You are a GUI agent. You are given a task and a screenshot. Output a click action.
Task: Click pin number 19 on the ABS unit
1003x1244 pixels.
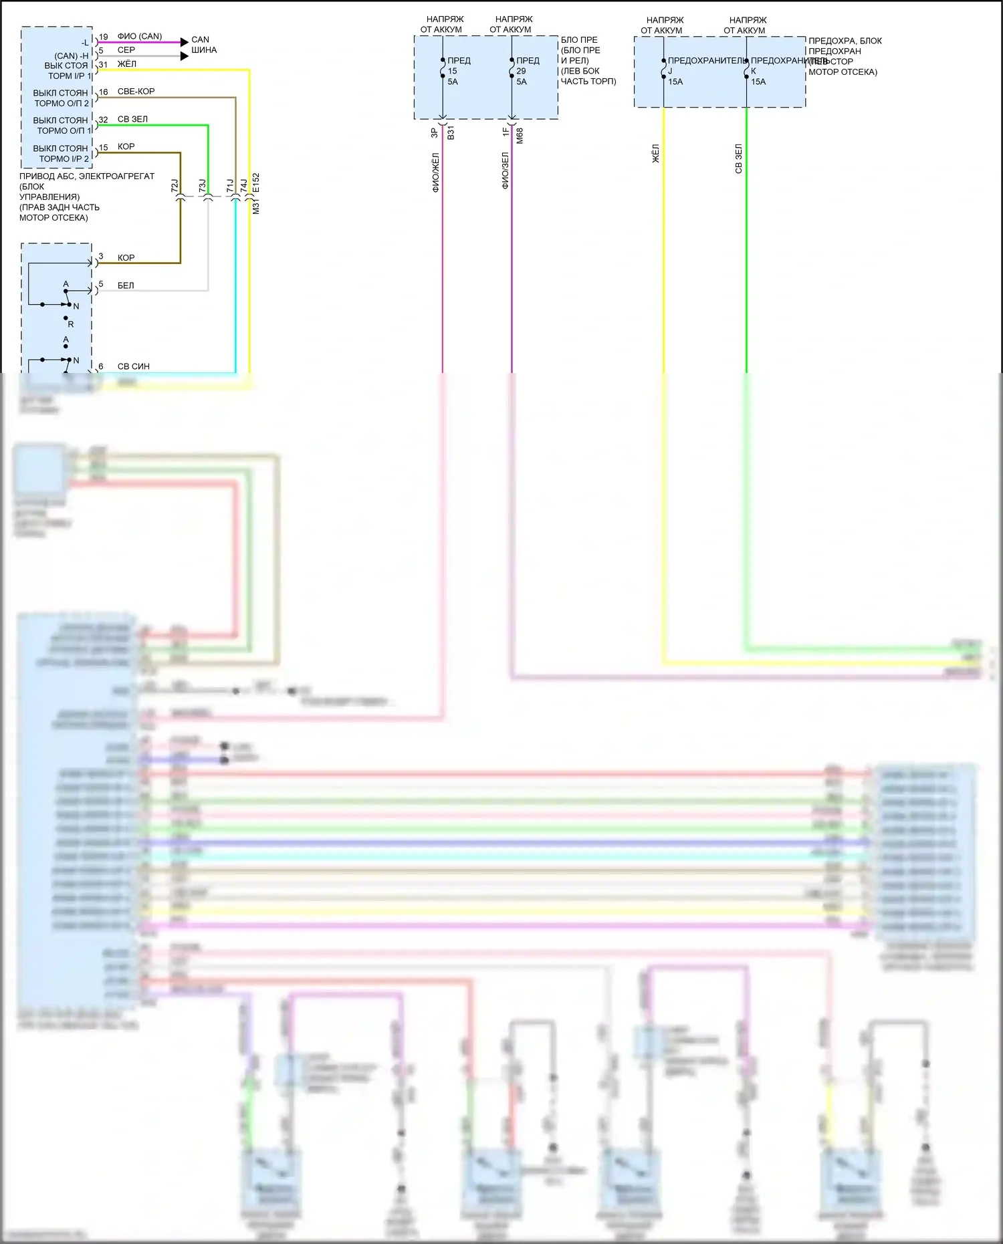[x=103, y=37]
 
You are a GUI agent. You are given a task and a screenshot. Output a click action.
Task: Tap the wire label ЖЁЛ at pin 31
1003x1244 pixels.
[x=126, y=64]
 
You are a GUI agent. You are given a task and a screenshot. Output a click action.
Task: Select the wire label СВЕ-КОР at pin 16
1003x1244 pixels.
[x=136, y=92]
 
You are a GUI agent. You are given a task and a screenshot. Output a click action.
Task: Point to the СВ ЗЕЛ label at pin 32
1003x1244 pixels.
[x=132, y=119]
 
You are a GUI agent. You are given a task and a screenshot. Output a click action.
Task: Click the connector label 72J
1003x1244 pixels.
[x=175, y=186]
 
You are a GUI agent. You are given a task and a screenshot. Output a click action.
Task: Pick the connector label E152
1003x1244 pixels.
[x=256, y=184]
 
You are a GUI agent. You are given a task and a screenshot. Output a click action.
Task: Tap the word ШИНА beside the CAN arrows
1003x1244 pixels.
[x=204, y=50]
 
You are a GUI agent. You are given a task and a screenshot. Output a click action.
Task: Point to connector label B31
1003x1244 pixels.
[x=451, y=132]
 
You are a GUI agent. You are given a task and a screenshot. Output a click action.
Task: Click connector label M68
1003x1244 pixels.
[x=520, y=136]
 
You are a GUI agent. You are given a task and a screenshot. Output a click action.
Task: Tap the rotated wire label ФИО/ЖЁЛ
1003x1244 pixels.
[x=435, y=172]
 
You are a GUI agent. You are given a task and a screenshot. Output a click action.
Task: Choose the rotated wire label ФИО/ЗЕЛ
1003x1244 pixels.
[x=505, y=170]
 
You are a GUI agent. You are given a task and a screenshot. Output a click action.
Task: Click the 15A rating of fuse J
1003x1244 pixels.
[x=675, y=82]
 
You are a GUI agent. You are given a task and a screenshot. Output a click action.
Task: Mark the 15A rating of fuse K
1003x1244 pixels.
[x=758, y=82]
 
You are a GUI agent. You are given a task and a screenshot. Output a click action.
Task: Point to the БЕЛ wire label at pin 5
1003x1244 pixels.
[x=126, y=285]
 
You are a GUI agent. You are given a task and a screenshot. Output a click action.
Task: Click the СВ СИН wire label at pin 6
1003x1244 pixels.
[x=134, y=366]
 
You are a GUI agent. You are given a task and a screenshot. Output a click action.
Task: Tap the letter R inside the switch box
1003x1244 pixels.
[x=71, y=324]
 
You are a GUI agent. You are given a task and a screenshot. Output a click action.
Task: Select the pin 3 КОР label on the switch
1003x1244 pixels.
[x=126, y=257]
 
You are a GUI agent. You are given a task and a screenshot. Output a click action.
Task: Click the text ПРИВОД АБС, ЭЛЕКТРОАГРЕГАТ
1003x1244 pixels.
[x=87, y=176]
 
